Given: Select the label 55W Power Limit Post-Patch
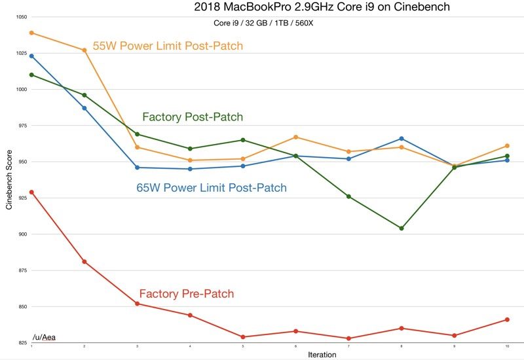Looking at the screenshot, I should [x=168, y=46].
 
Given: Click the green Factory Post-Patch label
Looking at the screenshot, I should [x=193, y=117].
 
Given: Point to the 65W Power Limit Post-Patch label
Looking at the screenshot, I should [x=212, y=188].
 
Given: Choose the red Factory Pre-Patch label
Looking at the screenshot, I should [x=187, y=294].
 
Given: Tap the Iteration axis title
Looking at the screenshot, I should [x=322, y=355].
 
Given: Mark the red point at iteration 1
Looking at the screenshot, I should [x=31, y=192].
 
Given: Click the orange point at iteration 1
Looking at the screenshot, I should [x=31, y=33].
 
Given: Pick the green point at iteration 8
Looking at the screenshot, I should [x=402, y=228].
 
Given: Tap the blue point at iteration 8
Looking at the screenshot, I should [x=402, y=138].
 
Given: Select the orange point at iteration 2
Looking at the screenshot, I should [x=84, y=50].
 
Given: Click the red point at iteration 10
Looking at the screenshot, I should [x=507, y=319].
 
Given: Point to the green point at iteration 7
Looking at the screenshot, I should [x=348, y=196].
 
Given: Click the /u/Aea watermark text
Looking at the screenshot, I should [x=44, y=337].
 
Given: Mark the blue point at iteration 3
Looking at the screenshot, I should [x=137, y=168].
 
